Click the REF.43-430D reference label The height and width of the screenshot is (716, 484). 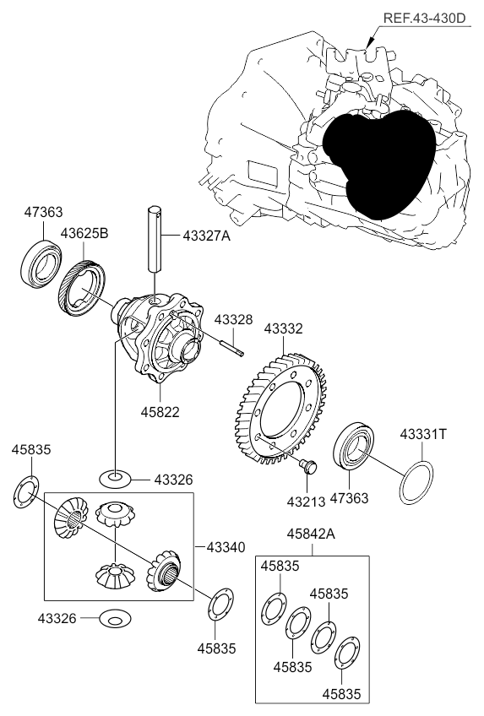(424, 19)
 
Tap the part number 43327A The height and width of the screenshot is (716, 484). (206, 236)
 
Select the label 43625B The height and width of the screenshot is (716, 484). (84, 233)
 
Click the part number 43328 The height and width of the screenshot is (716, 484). (233, 320)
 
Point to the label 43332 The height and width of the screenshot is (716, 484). (283, 328)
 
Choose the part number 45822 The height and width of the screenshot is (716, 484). (160, 412)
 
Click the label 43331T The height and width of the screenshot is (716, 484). (423, 434)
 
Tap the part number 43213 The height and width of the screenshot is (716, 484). (306, 502)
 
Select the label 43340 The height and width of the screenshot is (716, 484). (226, 546)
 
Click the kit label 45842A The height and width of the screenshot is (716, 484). (311, 534)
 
